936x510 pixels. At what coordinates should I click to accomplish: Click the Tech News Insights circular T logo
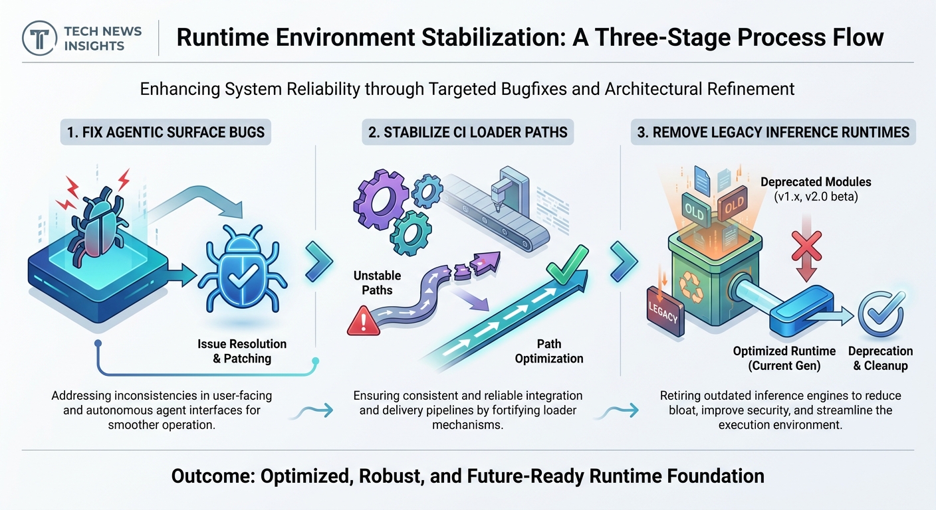click(x=40, y=39)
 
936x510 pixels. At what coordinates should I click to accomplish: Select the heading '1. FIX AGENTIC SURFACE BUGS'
click(x=166, y=132)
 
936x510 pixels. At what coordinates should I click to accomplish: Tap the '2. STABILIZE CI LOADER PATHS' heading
click(x=467, y=132)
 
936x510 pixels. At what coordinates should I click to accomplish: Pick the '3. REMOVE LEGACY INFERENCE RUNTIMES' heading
click(x=773, y=132)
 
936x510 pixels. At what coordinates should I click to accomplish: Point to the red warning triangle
click(x=364, y=321)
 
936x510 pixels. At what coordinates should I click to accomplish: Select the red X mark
click(x=806, y=246)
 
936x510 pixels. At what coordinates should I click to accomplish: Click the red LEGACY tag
click(x=665, y=311)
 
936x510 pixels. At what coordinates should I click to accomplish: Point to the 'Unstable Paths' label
click(x=377, y=282)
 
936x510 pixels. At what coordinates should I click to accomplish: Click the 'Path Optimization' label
click(x=548, y=351)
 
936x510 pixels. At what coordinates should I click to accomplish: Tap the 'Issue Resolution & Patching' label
click(x=242, y=351)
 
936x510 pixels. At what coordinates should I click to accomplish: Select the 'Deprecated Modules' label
click(x=816, y=182)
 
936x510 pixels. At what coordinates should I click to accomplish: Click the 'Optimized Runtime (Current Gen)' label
click(x=784, y=358)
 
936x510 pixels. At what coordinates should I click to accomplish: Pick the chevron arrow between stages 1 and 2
click(x=319, y=262)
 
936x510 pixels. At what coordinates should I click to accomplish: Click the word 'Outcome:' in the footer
click(x=213, y=476)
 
